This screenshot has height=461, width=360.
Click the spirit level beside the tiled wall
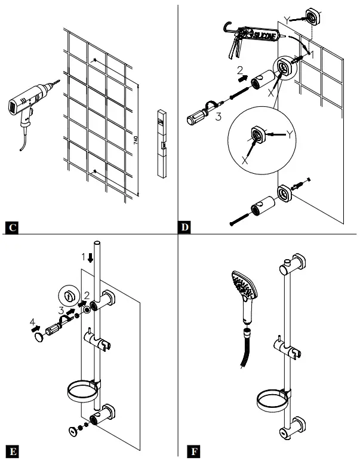pos(162,143)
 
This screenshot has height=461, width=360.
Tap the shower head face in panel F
pos(243,283)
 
